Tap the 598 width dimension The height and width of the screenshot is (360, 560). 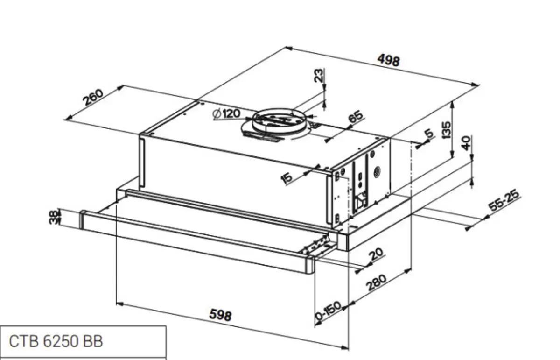(x=220, y=315)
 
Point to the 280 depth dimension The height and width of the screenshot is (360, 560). (x=376, y=283)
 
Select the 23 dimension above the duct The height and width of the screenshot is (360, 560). (x=318, y=76)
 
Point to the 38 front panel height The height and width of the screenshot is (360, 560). (x=55, y=218)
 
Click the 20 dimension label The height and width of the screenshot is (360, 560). (x=376, y=254)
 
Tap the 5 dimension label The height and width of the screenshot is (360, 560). (x=429, y=134)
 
